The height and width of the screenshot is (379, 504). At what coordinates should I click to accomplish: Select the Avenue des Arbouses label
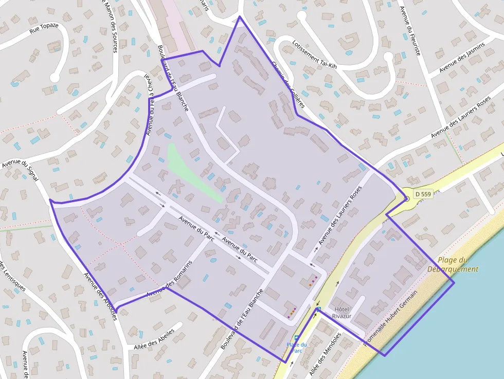(100, 296)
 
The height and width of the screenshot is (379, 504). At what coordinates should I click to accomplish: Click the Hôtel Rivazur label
(342, 312)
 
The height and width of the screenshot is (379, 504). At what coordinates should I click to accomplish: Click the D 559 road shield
(422, 194)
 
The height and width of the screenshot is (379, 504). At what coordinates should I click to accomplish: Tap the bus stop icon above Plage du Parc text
(297, 337)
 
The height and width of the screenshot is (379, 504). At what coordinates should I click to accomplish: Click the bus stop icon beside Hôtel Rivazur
(319, 309)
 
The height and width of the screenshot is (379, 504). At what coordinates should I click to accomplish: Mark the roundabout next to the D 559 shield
(406, 198)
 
